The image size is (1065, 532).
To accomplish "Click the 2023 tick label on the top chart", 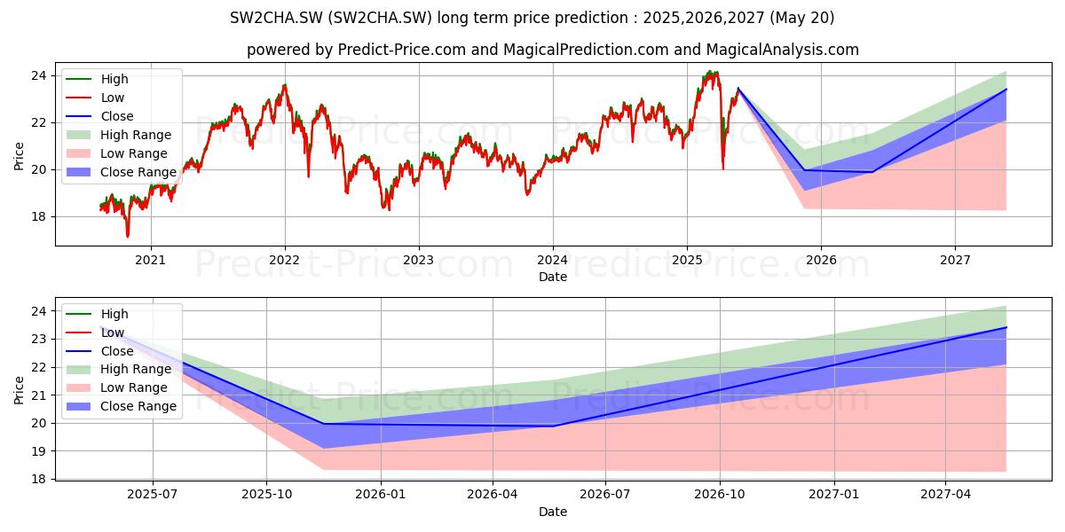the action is [x=418, y=261].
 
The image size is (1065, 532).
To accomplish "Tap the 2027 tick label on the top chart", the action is [x=955, y=261].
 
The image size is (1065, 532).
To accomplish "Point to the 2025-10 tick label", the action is [x=266, y=495].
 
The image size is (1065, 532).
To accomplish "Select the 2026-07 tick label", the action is [x=605, y=495].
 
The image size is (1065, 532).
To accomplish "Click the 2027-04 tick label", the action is [x=946, y=495].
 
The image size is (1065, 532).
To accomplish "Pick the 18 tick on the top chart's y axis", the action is [x=39, y=217].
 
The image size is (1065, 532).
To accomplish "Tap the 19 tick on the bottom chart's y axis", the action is [x=39, y=451].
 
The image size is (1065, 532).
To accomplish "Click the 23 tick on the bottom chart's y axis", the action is [x=39, y=339].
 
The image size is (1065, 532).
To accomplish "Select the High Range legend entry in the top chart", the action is [x=119, y=135].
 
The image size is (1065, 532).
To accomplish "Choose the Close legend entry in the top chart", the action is [x=99, y=116].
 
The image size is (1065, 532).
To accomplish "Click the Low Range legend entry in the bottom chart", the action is [x=117, y=387].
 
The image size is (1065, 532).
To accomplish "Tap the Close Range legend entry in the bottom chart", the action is [x=122, y=406].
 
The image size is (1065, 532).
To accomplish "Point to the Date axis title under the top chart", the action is [x=553, y=277].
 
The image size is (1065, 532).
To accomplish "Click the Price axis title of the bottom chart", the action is [x=19, y=390].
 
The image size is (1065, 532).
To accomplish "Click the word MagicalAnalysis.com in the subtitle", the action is [x=783, y=50].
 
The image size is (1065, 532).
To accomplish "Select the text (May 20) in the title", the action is [x=802, y=18].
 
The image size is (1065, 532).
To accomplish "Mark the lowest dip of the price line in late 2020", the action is [x=128, y=236].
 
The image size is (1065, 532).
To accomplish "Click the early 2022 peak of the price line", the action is [x=285, y=85].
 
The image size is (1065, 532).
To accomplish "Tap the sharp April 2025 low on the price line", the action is [x=723, y=168].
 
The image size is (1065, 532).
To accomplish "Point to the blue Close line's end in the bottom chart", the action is [x=1006, y=327].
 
